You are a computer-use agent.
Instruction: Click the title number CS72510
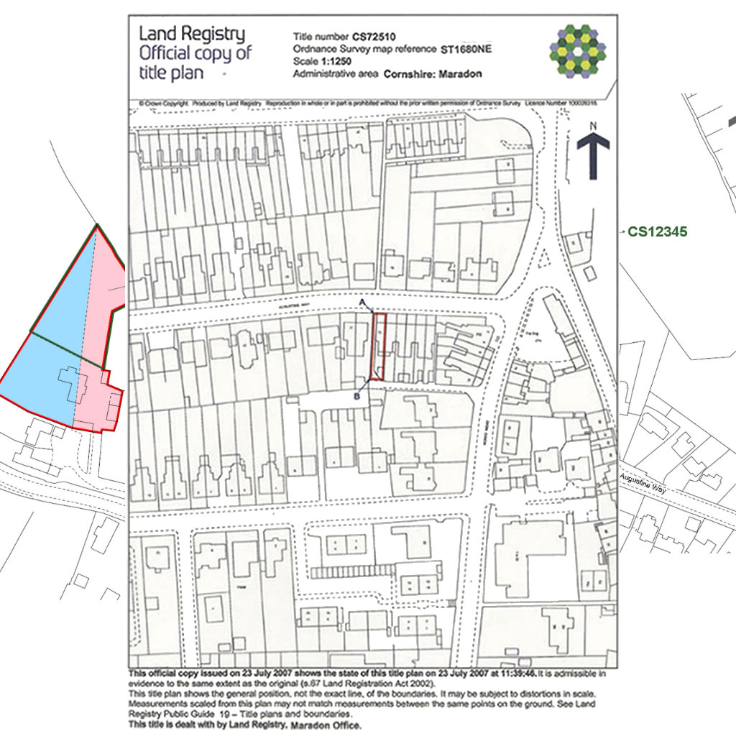374,36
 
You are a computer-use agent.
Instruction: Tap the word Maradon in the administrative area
459,73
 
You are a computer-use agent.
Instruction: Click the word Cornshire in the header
409,73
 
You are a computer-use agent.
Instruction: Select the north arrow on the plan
593,155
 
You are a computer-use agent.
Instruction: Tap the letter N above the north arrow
593,126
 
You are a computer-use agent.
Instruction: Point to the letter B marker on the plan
358,395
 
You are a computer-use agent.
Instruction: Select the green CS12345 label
658,232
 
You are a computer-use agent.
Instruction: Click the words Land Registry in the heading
191,34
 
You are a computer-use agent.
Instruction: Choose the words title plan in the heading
170,73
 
